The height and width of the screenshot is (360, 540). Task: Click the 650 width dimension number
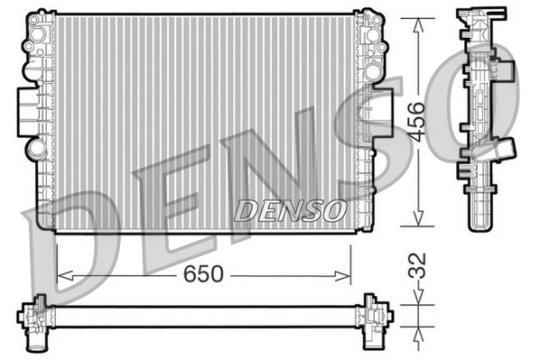click(x=205, y=274)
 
